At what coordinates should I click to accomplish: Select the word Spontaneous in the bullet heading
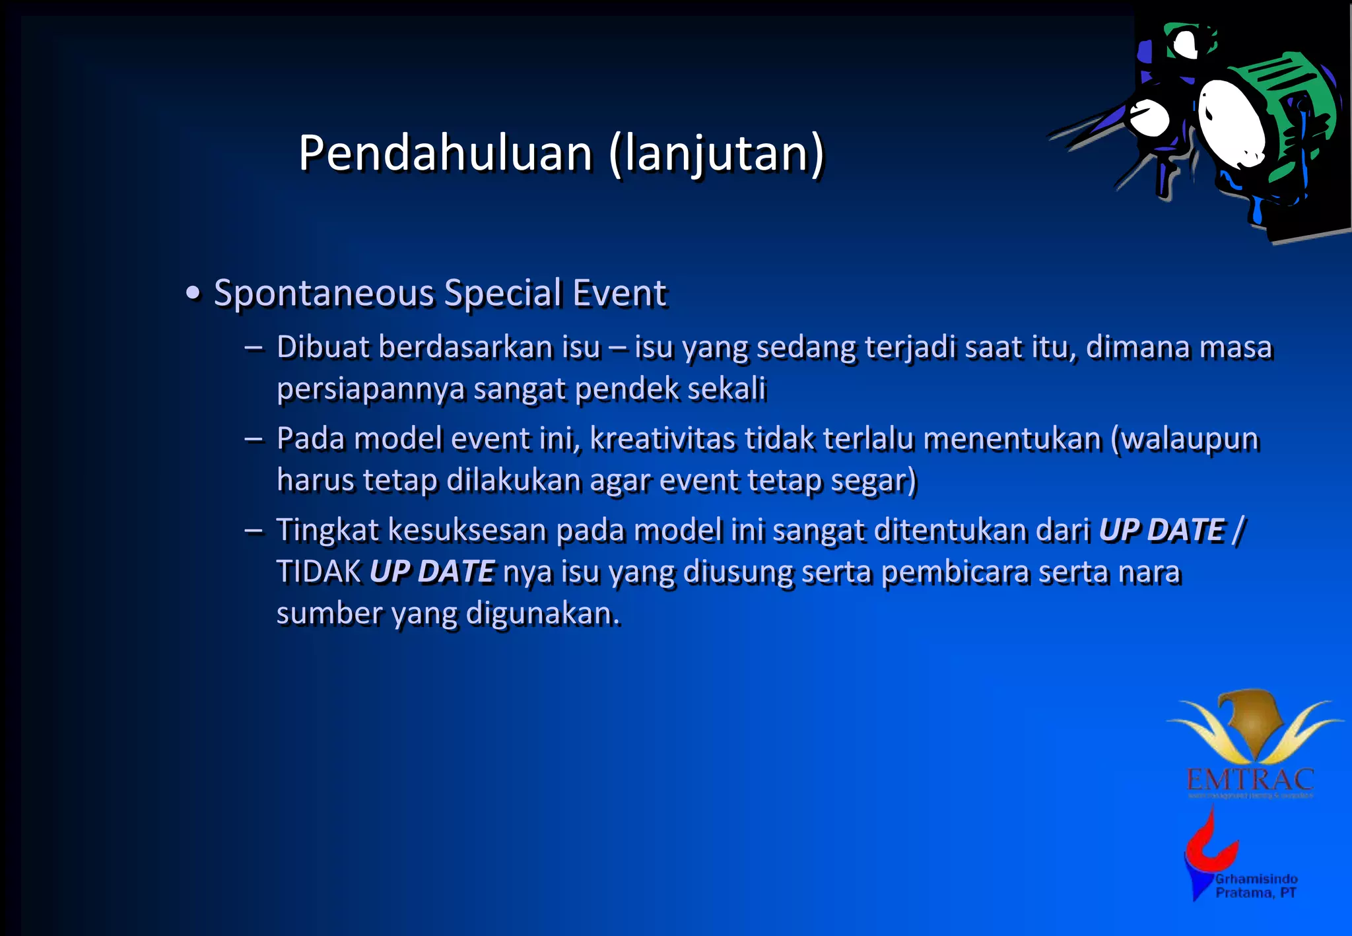323,293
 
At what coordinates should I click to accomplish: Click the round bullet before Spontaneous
193,293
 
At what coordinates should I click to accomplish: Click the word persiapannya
370,389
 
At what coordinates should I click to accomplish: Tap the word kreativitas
662,439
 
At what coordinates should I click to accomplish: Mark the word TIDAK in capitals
319,572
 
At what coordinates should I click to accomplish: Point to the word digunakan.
543,614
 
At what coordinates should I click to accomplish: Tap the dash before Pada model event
253,439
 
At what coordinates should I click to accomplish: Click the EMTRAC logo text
1250,780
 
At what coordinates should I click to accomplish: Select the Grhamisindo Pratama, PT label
1256,886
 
